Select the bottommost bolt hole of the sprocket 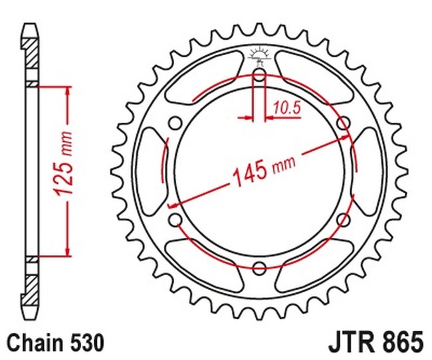[x=259, y=267]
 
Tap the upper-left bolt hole [x=175, y=123]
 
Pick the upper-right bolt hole [x=343, y=123]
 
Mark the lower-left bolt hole [x=175, y=219]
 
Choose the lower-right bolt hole [x=343, y=219]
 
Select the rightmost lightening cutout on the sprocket [x=370, y=171]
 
